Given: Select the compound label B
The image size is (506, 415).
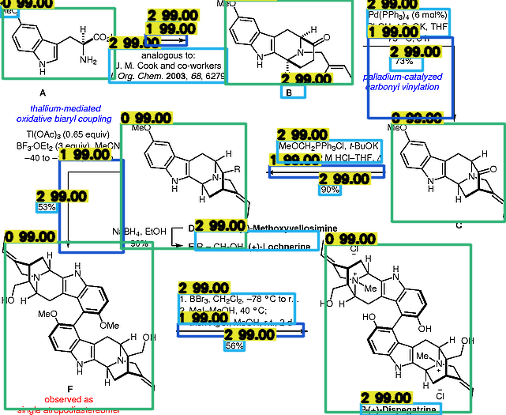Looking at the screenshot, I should pos(293,92).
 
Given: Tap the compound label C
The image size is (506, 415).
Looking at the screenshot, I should pos(459,225).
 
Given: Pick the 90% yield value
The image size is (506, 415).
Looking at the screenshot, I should pos(329,189).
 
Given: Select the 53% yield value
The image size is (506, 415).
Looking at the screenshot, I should pos(47,206).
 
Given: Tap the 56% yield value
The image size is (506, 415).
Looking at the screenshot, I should pos(234,345).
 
